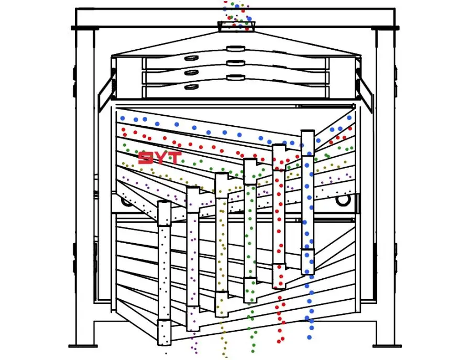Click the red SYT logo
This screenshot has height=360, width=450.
[x=160, y=158]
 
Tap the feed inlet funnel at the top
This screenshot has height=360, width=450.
[x=236, y=26]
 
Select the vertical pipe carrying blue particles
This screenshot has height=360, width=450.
[x=308, y=202]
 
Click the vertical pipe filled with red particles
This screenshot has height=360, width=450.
[x=279, y=216]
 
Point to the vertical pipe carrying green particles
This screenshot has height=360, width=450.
[x=250, y=230]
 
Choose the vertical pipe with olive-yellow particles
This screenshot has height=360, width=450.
[x=222, y=245]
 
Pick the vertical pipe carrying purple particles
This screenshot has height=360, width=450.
[x=193, y=258]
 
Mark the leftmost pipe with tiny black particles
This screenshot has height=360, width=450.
[x=164, y=272]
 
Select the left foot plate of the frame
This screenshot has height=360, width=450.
[x=83, y=346]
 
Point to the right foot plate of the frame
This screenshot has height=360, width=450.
[x=387, y=346]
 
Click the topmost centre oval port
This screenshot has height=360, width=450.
[x=236, y=49]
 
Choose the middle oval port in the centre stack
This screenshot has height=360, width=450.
[x=236, y=63]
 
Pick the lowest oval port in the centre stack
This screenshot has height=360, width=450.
[x=236, y=77]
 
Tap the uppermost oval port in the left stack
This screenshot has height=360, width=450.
[x=191, y=58]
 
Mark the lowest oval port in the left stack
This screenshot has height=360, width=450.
[x=191, y=86]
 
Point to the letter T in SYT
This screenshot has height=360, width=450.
[x=174, y=158]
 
